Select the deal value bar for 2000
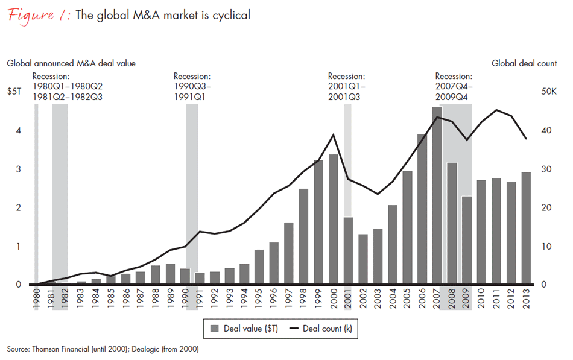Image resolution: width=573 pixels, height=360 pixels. click(x=333, y=219)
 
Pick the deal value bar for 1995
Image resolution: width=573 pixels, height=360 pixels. click(x=259, y=267)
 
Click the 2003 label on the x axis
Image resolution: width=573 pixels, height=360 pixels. click(x=378, y=298)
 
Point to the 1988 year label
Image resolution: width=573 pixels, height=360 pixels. click(x=155, y=298)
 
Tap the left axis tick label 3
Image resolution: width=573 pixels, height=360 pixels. click(x=18, y=169)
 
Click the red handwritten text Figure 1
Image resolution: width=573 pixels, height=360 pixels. click(x=37, y=15)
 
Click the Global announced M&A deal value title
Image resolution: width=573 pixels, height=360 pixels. click(x=71, y=63)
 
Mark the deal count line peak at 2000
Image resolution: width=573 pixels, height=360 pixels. click(x=333, y=134)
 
